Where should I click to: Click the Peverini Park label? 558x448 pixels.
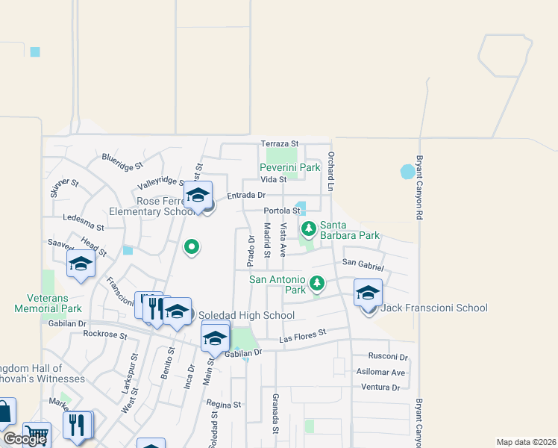[289, 168]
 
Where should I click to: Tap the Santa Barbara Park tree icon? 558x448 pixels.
[309, 227]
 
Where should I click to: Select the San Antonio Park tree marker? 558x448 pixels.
[317, 283]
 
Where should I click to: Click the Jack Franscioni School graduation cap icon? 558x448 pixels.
[368, 293]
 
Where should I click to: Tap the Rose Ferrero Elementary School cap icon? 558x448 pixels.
[198, 195]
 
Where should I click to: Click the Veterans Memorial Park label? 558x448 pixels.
[48, 302]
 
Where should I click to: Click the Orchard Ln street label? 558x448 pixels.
[331, 167]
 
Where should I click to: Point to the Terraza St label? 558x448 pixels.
[279, 143]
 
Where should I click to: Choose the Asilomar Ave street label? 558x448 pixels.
[382, 372]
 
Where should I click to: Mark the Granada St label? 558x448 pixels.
[275, 414]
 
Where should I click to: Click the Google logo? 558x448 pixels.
[24, 439]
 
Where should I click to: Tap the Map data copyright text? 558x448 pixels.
[525, 442]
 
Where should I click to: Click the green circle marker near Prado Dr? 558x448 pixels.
[192, 246]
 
